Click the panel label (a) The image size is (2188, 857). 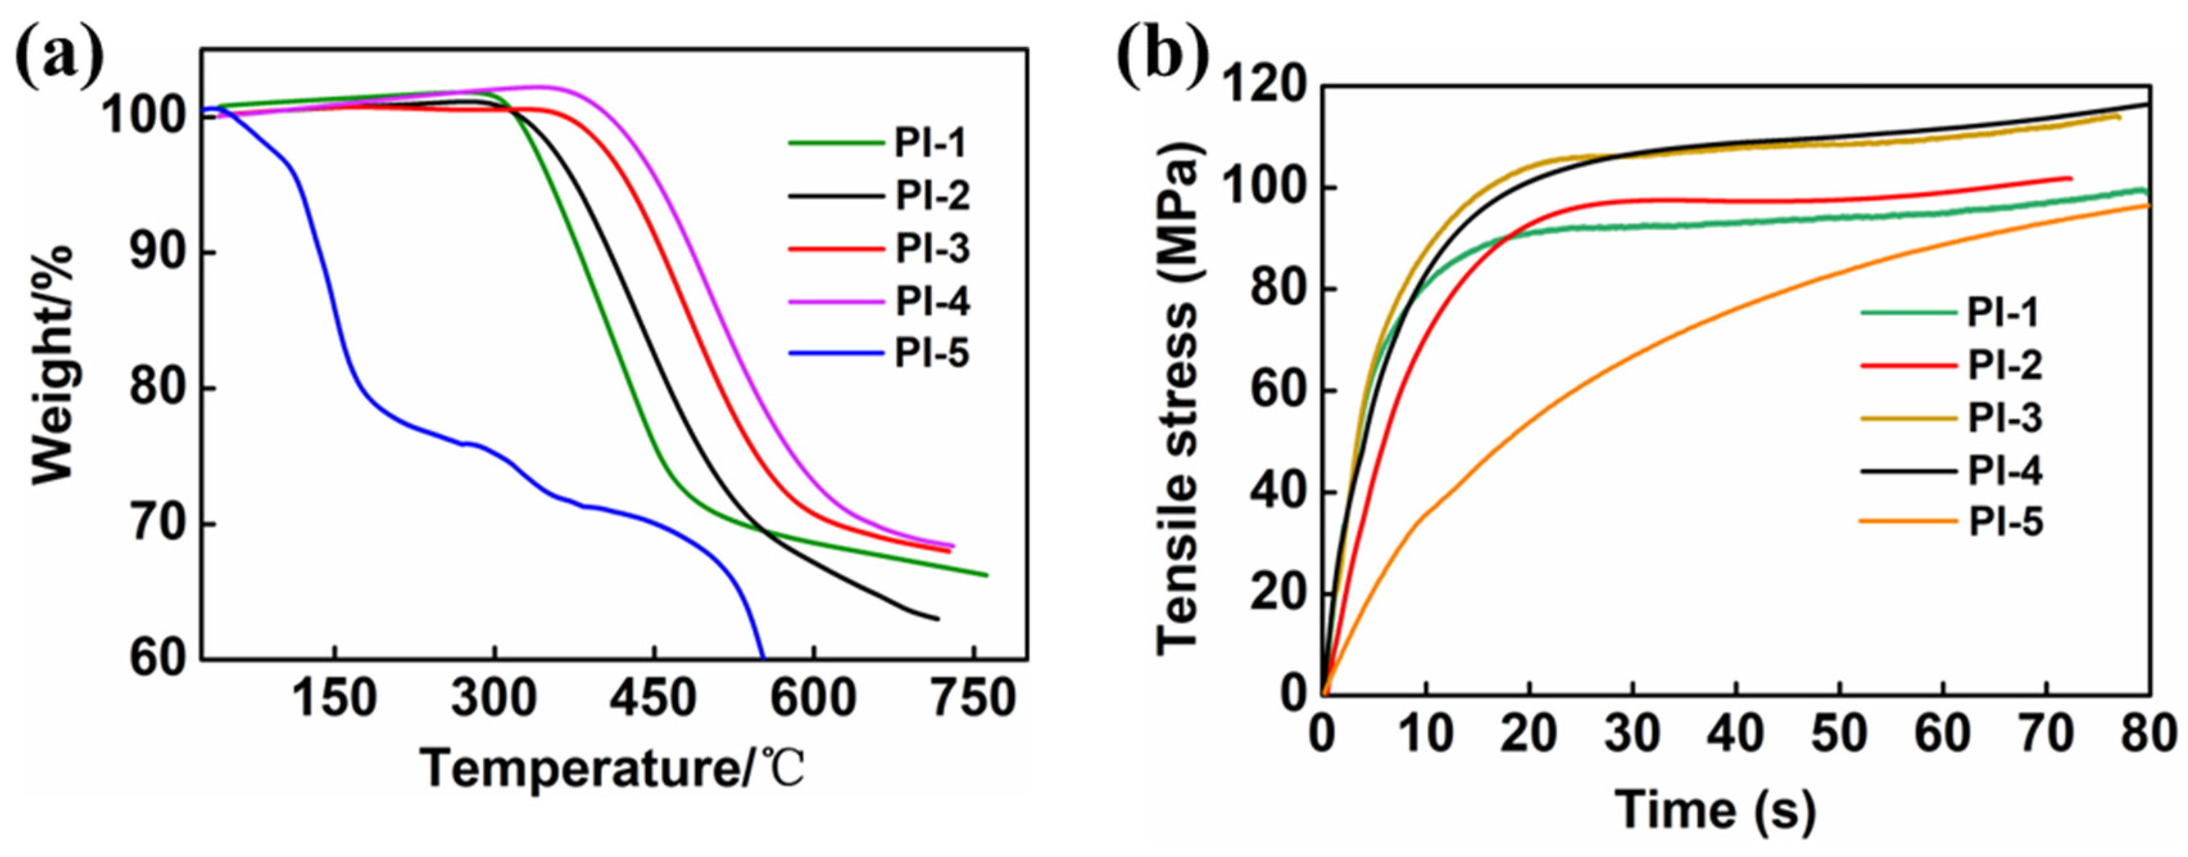click(x=60, y=58)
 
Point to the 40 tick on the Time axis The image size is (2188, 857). click(x=1736, y=732)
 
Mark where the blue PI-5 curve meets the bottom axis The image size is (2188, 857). click(x=763, y=658)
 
